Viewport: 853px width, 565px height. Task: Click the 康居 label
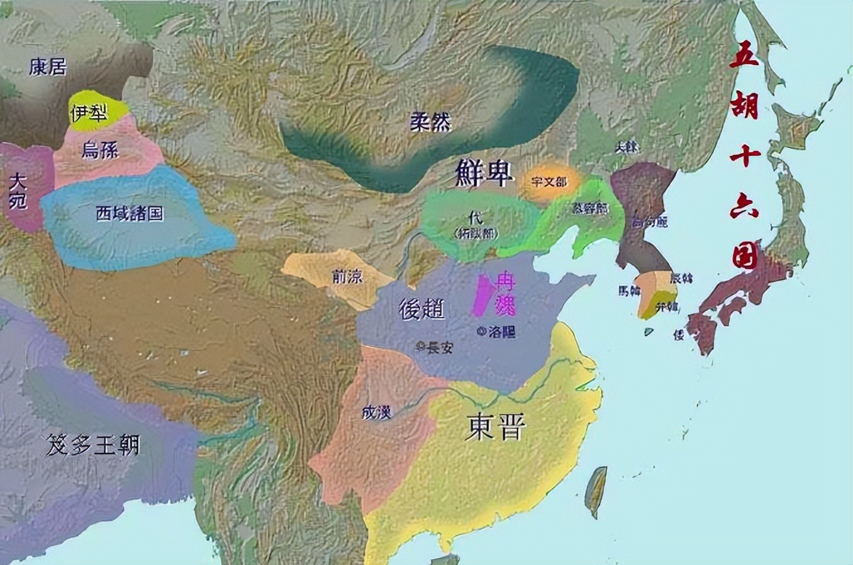pyautogui.click(x=48, y=67)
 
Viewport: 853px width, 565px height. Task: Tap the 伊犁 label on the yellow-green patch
pyautogui.click(x=89, y=113)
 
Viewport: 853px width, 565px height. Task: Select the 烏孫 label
pyautogui.click(x=100, y=150)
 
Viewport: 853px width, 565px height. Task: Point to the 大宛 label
pyautogui.click(x=18, y=191)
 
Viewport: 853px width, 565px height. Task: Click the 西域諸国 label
pyautogui.click(x=130, y=213)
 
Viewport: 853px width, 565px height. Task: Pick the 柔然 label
pyautogui.click(x=431, y=121)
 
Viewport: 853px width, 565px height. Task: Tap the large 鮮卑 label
pyautogui.click(x=483, y=173)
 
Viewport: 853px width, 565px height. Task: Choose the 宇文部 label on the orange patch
pyautogui.click(x=549, y=182)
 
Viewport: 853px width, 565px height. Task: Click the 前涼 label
pyautogui.click(x=347, y=276)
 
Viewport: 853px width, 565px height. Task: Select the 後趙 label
pyautogui.click(x=421, y=308)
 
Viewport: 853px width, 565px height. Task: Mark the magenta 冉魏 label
pyautogui.click(x=505, y=293)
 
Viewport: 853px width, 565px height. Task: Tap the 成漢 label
pyautogui.click(x=377, y=412)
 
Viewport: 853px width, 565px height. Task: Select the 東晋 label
pyautogui.click(x=497, y=428)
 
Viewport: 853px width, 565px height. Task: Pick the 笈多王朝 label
pyautogui.click(x=92, y=445)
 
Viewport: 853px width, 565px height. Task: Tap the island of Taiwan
pyautogui.click(x=596, y=491)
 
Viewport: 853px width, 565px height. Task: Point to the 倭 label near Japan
pyautogui.click(x=679, y=335)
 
